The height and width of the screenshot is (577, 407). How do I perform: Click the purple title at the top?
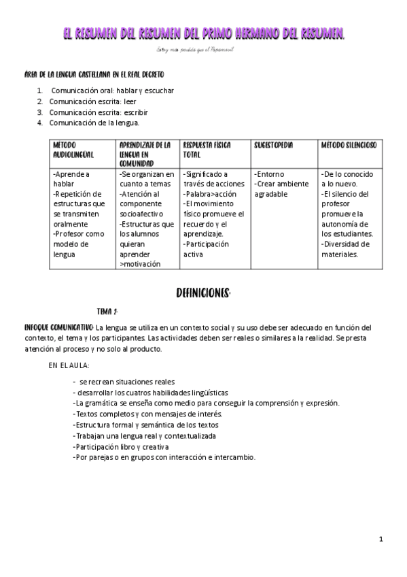[x=203, y=33]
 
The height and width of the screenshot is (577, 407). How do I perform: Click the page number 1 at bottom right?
[x=382, y=539]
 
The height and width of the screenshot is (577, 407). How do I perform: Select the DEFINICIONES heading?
[x=202, y=293]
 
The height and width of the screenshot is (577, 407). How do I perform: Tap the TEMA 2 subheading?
[x=107, y=312]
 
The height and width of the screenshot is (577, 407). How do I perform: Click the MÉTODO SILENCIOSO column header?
[x=349, y=145]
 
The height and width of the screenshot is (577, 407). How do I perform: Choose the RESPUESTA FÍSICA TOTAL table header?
[x=208, y=150]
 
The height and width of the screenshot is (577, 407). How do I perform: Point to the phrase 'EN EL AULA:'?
[x=69, y=365]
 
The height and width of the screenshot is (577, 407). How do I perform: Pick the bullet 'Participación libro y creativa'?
[x=130, y=446]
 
